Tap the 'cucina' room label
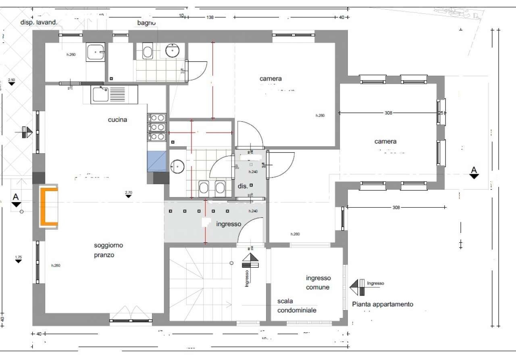[x=117, y=120]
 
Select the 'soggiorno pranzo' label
[x=108, y=250]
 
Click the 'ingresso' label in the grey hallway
[x=229, y=224]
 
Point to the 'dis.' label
[x=243, y=187]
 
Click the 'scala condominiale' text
[x=297, y=306]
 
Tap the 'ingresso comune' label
[x=318, y=283]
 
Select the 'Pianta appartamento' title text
[x=383, y=304]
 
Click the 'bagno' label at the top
[x=146, y=23]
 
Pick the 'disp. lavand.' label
[x=39, y=23]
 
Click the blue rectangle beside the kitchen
[x=157, y=161]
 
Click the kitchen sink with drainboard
[x=110, y=94]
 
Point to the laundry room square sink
[x=96, y=52]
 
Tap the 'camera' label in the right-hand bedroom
[x=385, y=142]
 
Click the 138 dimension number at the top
[x=210, y=17]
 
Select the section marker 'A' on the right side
[x=474, y=171]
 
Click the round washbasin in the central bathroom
[x=177, y=166]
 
